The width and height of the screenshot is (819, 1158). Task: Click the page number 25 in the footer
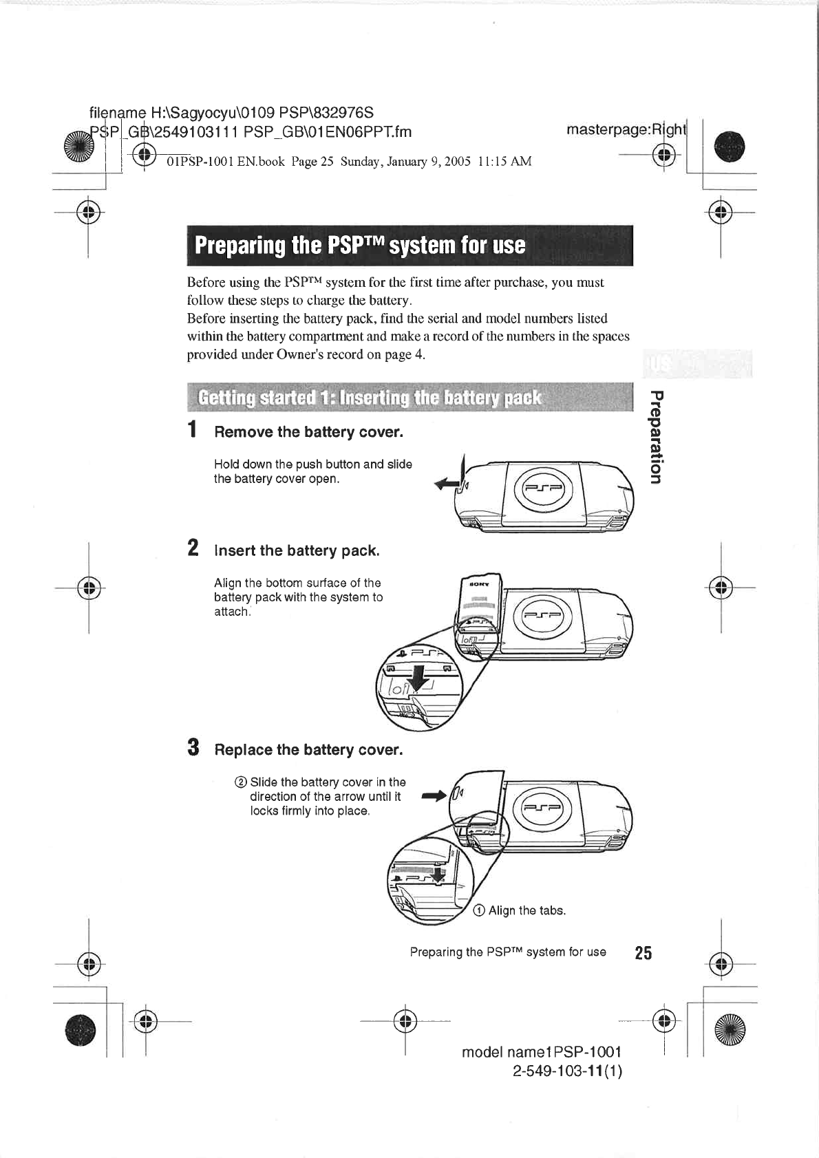643,953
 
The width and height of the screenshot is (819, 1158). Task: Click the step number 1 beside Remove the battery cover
194,429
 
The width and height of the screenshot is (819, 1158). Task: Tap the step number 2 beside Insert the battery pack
194,548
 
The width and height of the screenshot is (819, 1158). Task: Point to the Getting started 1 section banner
369,398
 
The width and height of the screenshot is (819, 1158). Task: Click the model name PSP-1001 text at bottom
542,1052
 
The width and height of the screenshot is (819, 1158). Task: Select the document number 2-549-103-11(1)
567,1071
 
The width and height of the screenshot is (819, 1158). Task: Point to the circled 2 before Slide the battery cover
240,782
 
